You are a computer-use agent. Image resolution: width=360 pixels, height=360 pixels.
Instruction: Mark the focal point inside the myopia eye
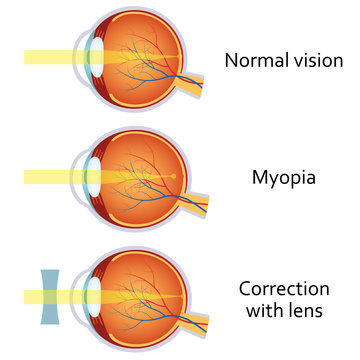[x=174, y=177]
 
